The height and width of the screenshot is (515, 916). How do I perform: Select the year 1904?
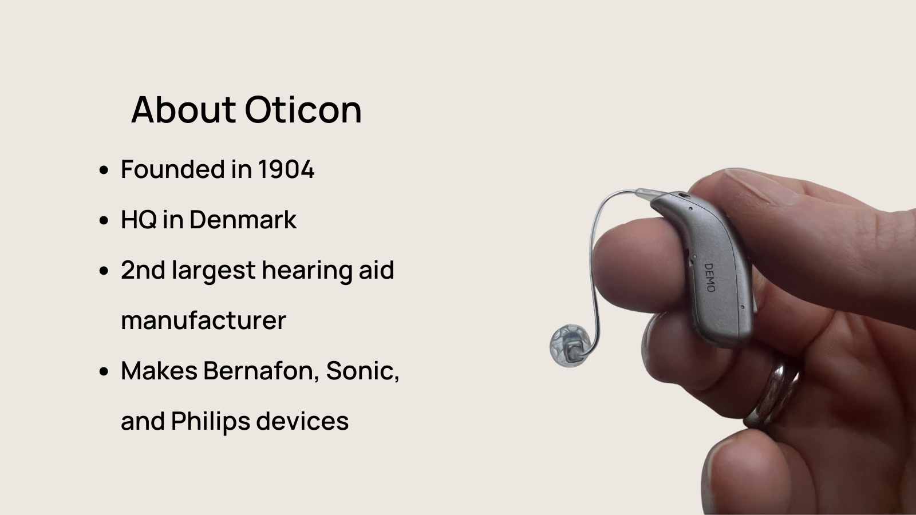(x=286, y=169)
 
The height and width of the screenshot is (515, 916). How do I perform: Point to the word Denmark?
(x=243, y=220)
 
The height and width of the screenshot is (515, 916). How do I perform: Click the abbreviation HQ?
(x=139, y=220)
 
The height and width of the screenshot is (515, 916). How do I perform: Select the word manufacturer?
(x=203, y=320)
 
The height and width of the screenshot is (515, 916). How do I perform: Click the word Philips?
(x=211, y=422)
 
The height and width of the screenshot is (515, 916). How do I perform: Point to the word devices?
(x=302, y=421)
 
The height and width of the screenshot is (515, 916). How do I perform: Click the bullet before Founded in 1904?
(x=104, y=169)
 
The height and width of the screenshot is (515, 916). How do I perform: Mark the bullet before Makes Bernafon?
(x=104, y=371)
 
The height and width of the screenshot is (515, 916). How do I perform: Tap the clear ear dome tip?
(x=569, y=346)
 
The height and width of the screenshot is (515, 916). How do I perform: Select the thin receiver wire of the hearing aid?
(x=592, y=262)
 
